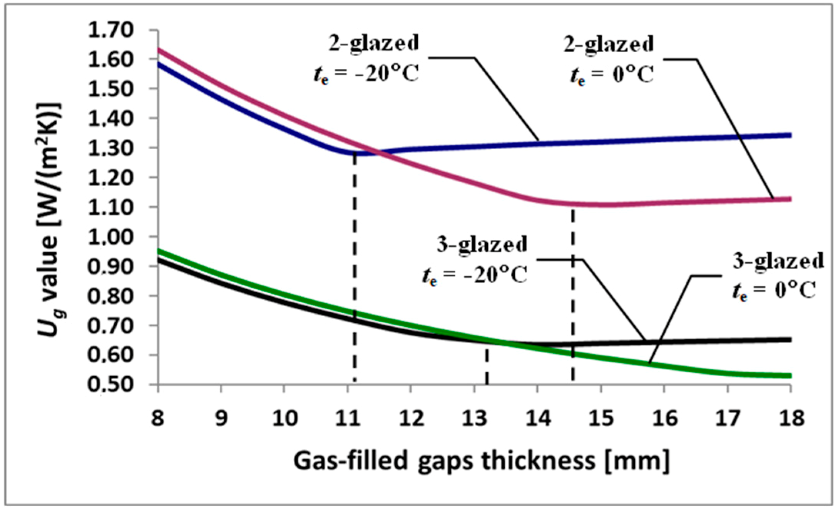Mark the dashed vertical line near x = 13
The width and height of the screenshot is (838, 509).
point(487,365)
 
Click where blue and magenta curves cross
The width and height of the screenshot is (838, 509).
point(379,153)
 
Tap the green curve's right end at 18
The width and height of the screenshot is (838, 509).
point(789,375)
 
